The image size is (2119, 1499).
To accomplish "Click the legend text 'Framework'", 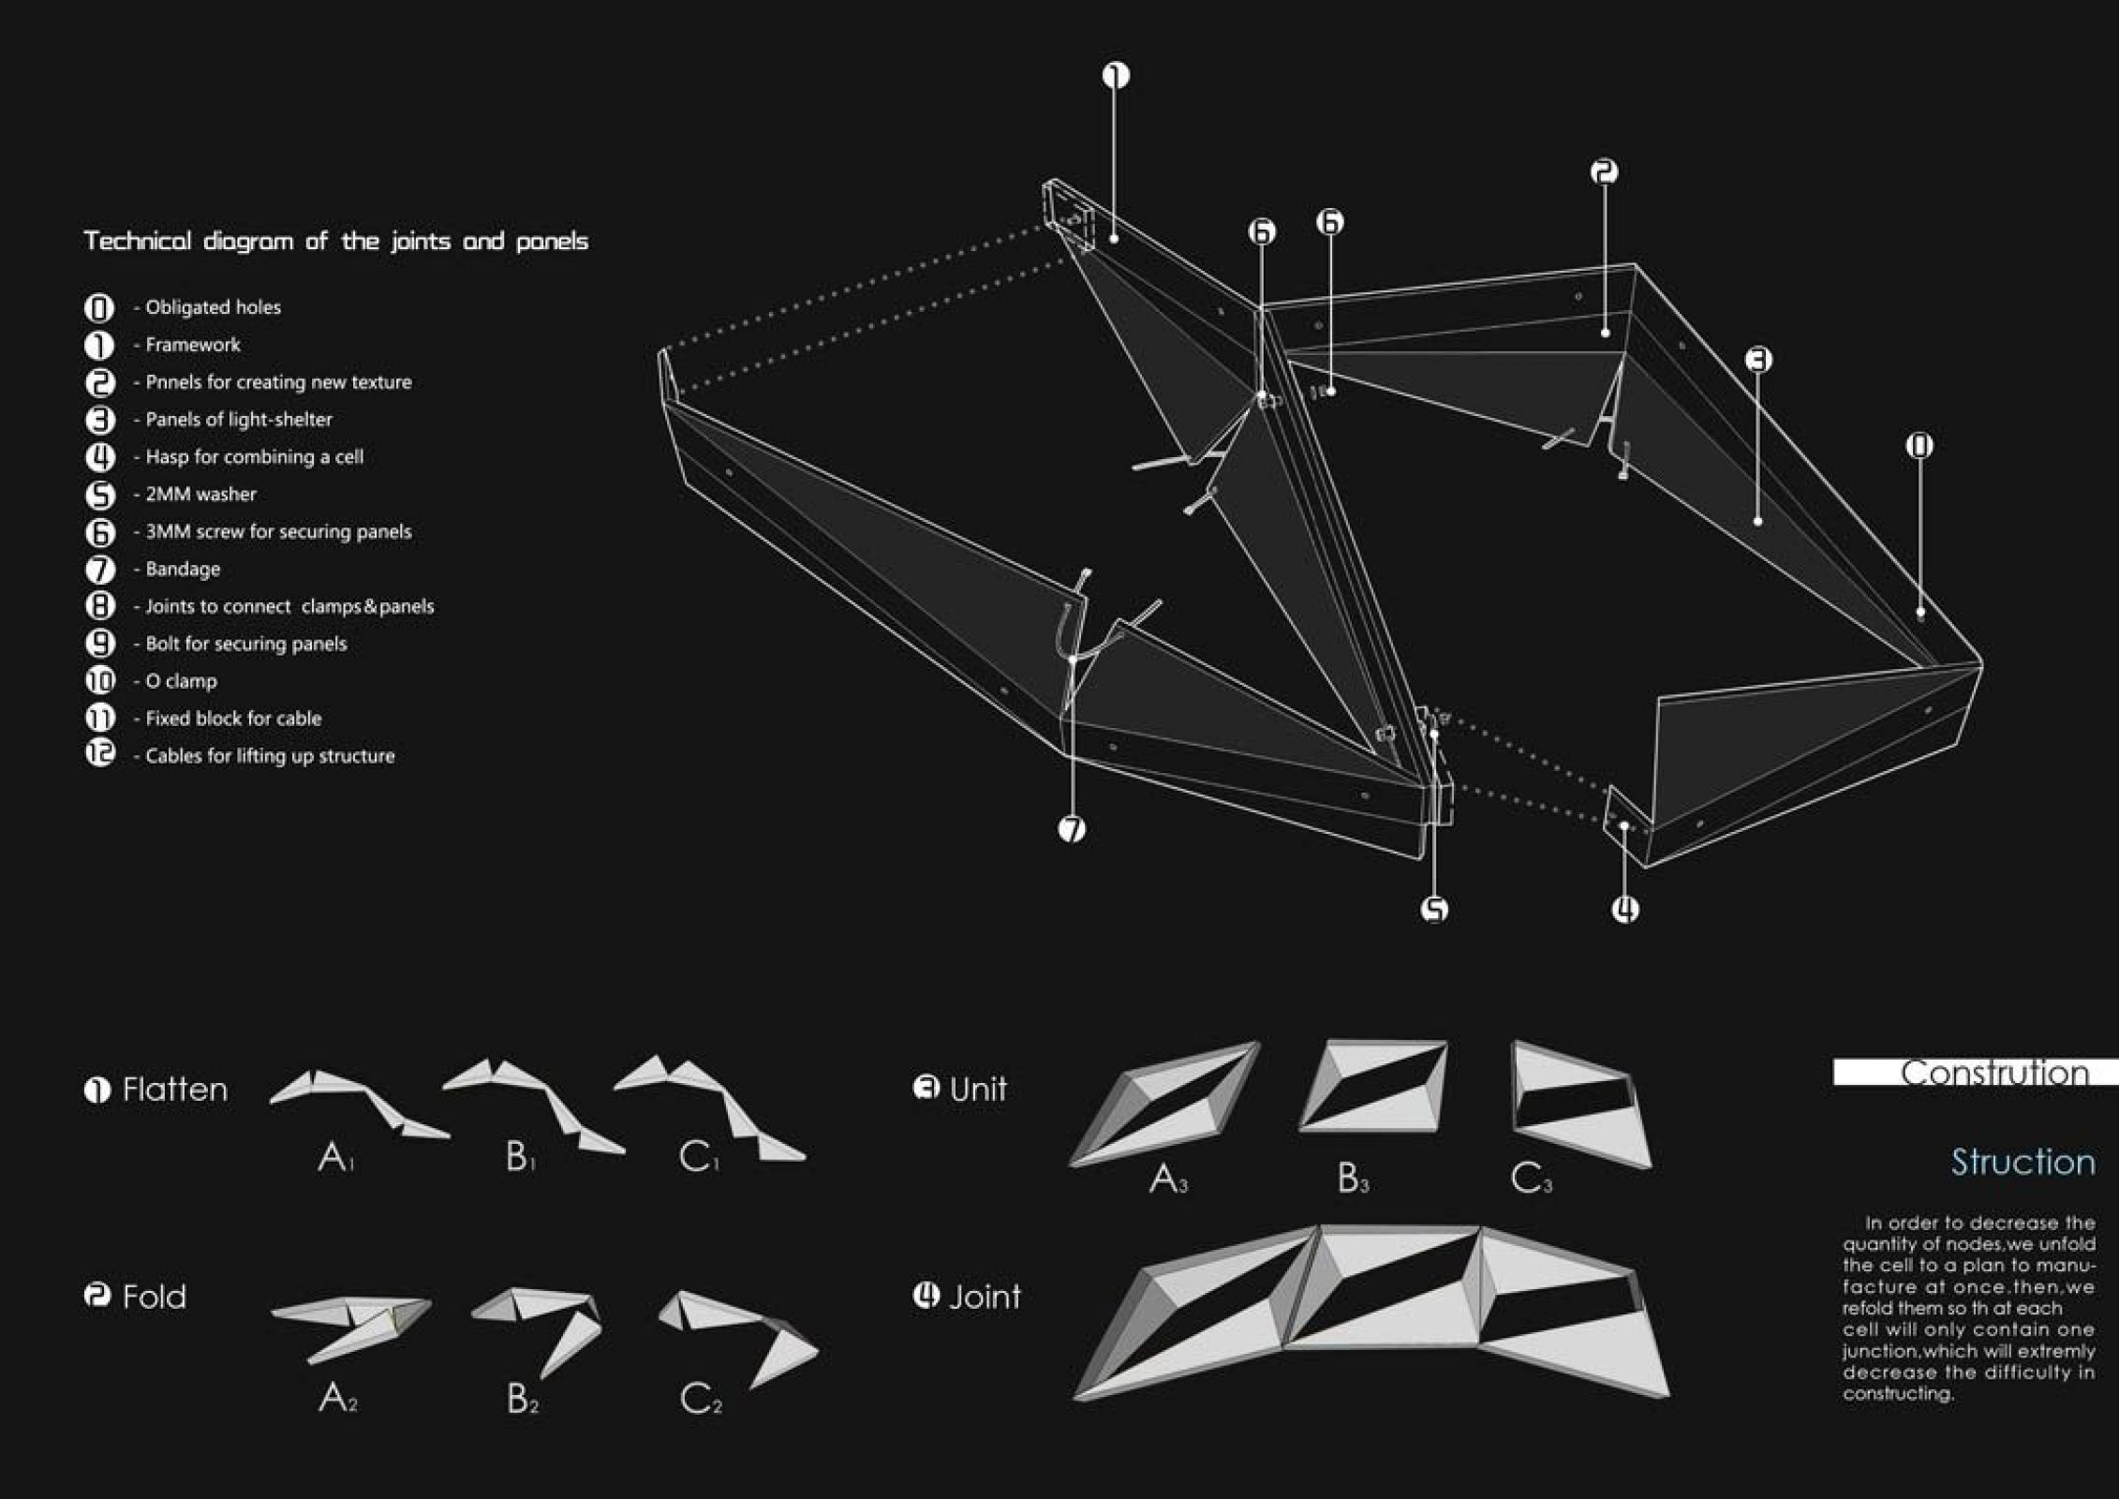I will (x=192, y=345).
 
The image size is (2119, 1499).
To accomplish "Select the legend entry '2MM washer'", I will (x=200, y=495).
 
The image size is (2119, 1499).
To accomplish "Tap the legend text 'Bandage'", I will (x=183, y=570).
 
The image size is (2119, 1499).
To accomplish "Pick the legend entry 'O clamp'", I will (x=181, y=681).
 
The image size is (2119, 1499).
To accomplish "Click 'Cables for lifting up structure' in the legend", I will (x=270, y=756).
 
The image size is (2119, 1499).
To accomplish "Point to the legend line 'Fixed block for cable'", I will (x=233, y=719).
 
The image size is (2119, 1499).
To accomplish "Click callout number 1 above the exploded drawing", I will (x=1115, y=75).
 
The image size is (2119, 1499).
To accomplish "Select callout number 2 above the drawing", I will (x=1604, y=171).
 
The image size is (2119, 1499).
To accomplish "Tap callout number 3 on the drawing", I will (x=1758, y=359).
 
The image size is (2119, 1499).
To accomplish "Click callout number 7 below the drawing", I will (x=1072, y=828).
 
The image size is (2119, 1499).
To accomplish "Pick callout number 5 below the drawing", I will (x=1434, y=909).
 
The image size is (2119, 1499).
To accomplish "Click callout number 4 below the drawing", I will (x=1625, y=909).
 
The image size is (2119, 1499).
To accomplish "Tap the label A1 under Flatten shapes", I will (x=334, y=1159).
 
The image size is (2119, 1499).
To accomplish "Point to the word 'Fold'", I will (x=155, y=1298).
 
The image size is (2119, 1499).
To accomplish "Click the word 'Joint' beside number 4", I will (x=984, y=1297).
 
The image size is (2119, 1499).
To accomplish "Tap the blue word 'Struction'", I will (x=2023, y=1163).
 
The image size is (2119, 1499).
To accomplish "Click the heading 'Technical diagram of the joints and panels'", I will (x=336, y=242).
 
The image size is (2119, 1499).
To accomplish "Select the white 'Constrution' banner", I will (x=1976, y=1073).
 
